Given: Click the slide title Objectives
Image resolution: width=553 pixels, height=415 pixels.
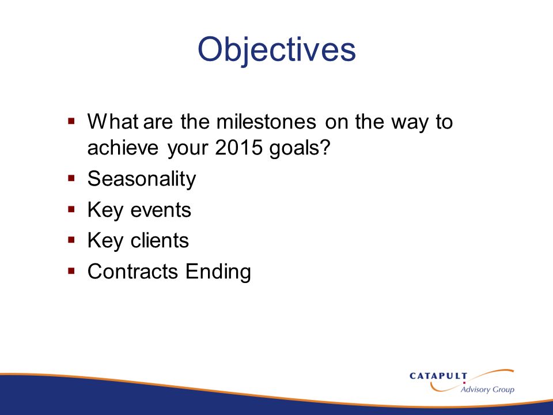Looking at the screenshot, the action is [x=276, y=50].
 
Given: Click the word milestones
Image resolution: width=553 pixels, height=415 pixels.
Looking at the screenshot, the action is [x=266, y=122].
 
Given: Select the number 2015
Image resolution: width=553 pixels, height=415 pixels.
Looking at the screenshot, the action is [x=238, y=147].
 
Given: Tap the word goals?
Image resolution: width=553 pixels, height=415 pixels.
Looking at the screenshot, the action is [x=300, y=148].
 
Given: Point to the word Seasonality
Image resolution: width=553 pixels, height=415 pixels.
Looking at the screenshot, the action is [x=142, y=179].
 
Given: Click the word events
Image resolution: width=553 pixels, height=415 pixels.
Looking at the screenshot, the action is [x=161, y=210].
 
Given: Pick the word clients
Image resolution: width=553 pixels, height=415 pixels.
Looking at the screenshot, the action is [x=160, y=240].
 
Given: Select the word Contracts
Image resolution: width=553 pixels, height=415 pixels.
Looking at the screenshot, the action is [x=132, y=271].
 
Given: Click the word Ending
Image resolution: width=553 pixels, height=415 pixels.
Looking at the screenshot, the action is [x=218, y=272].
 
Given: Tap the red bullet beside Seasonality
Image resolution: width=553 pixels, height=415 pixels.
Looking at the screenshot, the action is [x=71, y=178].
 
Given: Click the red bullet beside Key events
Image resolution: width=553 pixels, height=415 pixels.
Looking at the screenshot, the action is [x=71, y=209].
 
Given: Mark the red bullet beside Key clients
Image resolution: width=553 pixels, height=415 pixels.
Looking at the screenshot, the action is [x=71, y=240].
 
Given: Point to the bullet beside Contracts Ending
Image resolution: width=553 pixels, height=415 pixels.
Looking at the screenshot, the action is [x=71, y=271].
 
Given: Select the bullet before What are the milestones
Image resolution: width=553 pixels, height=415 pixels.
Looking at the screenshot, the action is [x=71, y=121].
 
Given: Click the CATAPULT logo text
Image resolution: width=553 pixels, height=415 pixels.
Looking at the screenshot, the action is [x=438, y=376].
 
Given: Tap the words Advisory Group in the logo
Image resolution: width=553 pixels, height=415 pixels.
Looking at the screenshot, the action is [x=487, y=389].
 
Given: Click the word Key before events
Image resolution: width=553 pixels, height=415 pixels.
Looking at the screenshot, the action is [x=105, y=211].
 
